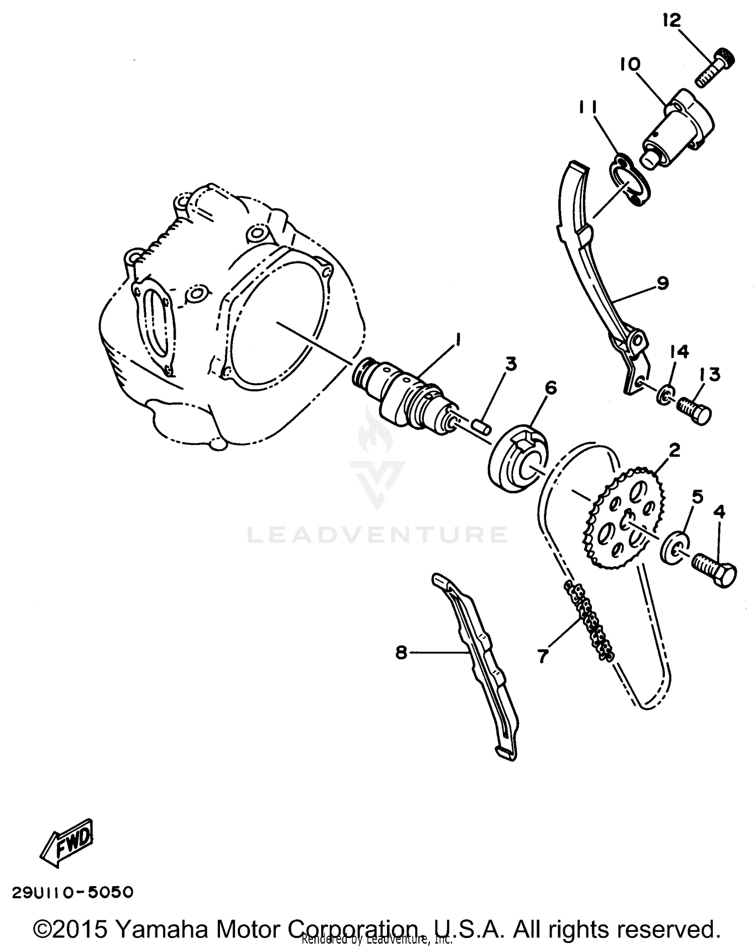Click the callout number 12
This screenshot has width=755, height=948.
point(672,21)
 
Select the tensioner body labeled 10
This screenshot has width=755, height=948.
point(677,129)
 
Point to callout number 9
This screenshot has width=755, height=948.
point(662,283)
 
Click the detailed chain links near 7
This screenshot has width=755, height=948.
point(589,622)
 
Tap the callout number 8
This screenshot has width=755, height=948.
point(401,653)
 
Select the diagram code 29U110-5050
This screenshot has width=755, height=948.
point(73,892)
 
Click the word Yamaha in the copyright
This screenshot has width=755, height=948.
point(158,928)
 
